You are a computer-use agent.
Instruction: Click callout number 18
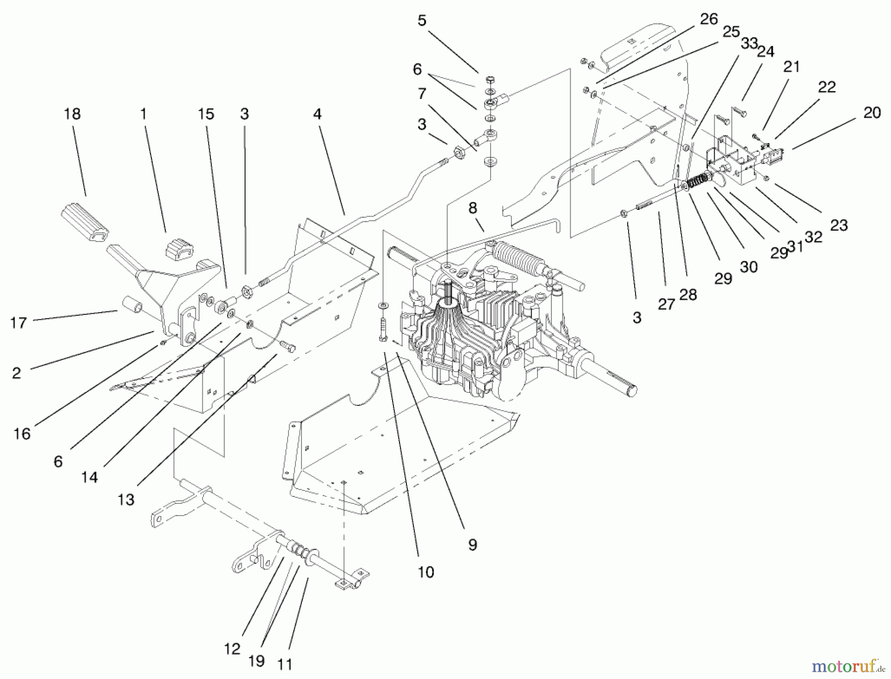[72, 114]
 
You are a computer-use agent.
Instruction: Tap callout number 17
[18, 323]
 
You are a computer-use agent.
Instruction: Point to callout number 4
[317, 114]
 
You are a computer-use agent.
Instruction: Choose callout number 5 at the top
[422, 21]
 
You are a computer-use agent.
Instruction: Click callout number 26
[709, 19]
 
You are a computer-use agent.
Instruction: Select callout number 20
[872, 113]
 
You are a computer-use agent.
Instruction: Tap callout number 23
[839, 226]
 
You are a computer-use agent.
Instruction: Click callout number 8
[473, 208]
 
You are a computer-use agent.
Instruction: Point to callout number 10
[426, 572]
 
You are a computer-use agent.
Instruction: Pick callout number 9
[473, 545]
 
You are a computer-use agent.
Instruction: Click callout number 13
[126, 500]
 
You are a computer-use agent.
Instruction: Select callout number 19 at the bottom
[256, 661]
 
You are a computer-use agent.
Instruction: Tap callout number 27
[666, 304]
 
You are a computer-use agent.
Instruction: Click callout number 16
[22, 434]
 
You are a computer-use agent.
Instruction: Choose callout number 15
[206, 114]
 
